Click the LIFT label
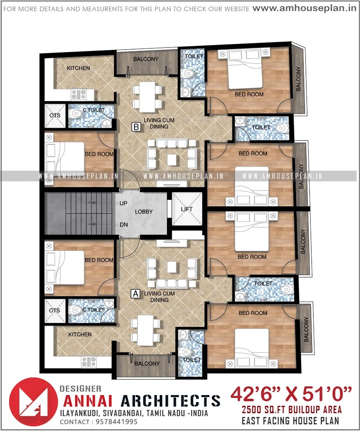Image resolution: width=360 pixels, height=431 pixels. click(187, 209)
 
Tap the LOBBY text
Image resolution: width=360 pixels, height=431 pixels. click(144, 212)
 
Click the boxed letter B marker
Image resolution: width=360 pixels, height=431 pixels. click(136, 127)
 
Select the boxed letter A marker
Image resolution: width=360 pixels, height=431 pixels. click(134, 294)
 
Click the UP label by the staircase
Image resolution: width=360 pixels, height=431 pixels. click(123, 203)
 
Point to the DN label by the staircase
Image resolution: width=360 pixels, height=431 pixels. click(123, 225)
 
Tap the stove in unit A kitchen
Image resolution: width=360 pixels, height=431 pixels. click(88, 362)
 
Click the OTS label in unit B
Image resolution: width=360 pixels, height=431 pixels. click(55, 115)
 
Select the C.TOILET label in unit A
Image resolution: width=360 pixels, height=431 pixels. click(93, 310)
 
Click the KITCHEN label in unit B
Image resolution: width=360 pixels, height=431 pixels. click(78, 68)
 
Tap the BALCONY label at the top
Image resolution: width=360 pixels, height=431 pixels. click(146, 59)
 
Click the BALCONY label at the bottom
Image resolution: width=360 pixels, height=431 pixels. click(147, 364)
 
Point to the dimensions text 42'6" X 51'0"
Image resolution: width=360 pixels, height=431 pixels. click(291, 393)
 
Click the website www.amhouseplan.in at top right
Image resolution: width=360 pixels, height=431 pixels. click(304, 8)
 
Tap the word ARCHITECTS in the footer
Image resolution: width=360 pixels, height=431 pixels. click(170, 400)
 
